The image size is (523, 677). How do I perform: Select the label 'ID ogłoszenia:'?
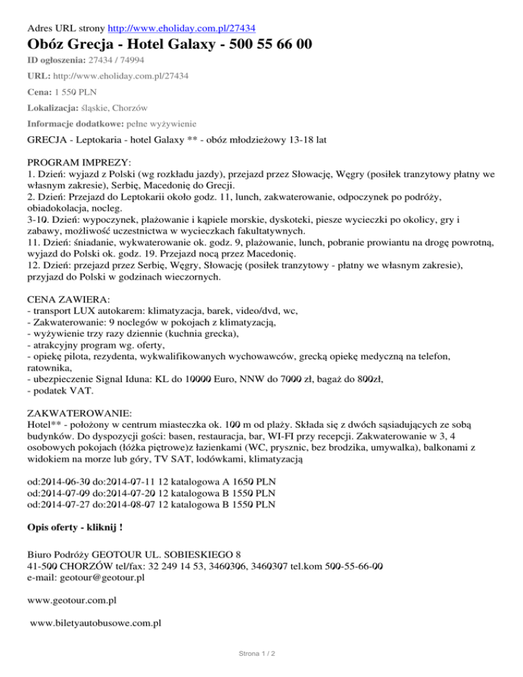point(57,61)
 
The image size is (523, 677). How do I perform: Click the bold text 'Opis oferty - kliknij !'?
point(76,527)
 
